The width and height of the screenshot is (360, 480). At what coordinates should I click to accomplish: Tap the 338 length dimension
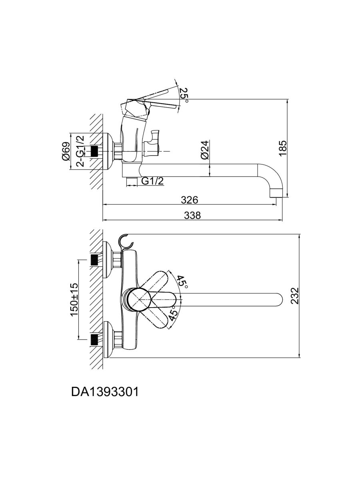192,215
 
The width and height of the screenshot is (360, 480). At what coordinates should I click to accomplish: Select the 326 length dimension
190,199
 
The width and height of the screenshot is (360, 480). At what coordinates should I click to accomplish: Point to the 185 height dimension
283,148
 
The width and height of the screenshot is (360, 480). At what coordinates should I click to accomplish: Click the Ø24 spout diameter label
204,150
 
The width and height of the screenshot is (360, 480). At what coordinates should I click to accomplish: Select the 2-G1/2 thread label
80,151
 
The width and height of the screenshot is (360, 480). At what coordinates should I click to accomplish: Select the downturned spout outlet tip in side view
277,193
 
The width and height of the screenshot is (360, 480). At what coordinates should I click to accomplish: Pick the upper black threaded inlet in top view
94,260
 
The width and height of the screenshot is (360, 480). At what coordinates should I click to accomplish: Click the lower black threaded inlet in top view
94,339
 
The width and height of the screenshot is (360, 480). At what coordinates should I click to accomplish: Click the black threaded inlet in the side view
94,151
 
